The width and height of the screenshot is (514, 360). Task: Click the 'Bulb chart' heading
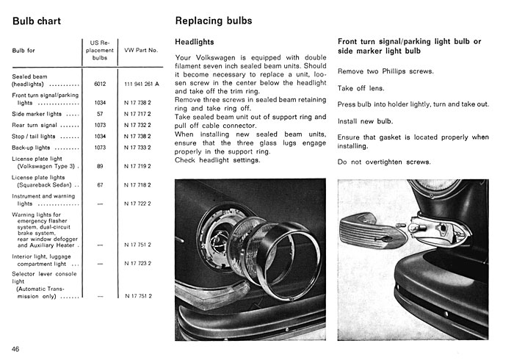[37, 21]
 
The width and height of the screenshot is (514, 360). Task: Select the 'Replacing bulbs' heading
[214, 21]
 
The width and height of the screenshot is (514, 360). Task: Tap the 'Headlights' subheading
[195, 42]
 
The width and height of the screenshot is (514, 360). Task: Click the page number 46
[15, 349]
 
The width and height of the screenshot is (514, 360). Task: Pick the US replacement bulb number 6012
[100, 84]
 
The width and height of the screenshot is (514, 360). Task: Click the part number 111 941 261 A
[142, 84]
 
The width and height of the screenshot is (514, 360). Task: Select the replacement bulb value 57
[100, 114]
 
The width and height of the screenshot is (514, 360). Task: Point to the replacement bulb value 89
[100, 166]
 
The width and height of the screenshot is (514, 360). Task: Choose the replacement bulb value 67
[100, 185]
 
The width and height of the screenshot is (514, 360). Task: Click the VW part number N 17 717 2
[138, 114]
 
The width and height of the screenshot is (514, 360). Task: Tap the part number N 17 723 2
[138, 263]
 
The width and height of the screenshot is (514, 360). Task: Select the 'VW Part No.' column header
[141, 50]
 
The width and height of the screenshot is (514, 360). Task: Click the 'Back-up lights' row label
[31, 148]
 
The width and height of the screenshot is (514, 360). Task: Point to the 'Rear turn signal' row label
[35, 125]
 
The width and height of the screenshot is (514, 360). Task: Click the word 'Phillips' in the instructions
[394, 71]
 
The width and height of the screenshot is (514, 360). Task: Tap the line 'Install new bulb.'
[365, 121]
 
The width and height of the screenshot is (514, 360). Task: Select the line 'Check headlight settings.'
[217, 160]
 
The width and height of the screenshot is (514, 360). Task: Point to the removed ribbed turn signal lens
[373, 231]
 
